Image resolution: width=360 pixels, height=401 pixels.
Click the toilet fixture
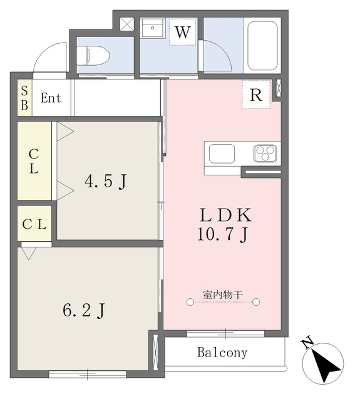(93, 56)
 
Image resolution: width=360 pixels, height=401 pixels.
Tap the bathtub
(263, 46)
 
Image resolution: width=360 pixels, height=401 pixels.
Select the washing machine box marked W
(183, 32)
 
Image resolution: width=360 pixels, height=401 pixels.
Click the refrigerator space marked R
(256, 95)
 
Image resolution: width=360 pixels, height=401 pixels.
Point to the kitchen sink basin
(222, 154)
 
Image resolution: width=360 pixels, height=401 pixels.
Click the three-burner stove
(265, 154)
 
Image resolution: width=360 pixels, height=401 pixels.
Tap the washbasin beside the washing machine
(153, 28)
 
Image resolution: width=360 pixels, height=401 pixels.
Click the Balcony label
(222, 353)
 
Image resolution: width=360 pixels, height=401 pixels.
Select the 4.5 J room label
(106, 181)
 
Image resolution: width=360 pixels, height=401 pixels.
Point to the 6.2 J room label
(84, 310)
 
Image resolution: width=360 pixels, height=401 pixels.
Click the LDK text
(225, 215)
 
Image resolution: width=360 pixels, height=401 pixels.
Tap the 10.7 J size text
(222, 234)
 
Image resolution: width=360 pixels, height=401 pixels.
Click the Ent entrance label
(51, 98)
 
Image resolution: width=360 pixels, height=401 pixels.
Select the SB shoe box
(24, 98)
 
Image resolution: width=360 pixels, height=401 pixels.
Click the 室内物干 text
(222, 295)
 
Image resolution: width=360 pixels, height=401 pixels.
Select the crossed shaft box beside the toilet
(126, 24)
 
